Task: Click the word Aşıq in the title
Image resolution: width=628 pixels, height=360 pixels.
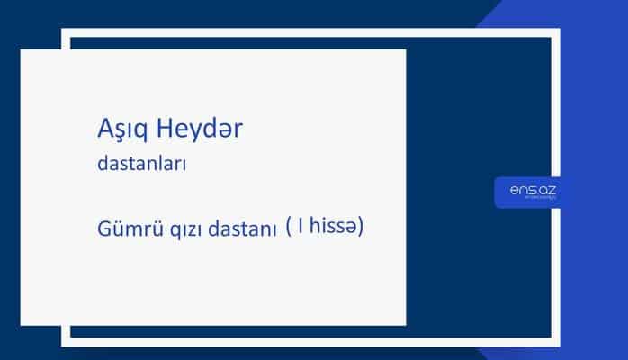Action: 121,131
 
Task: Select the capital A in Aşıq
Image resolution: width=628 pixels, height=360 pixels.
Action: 102,130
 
